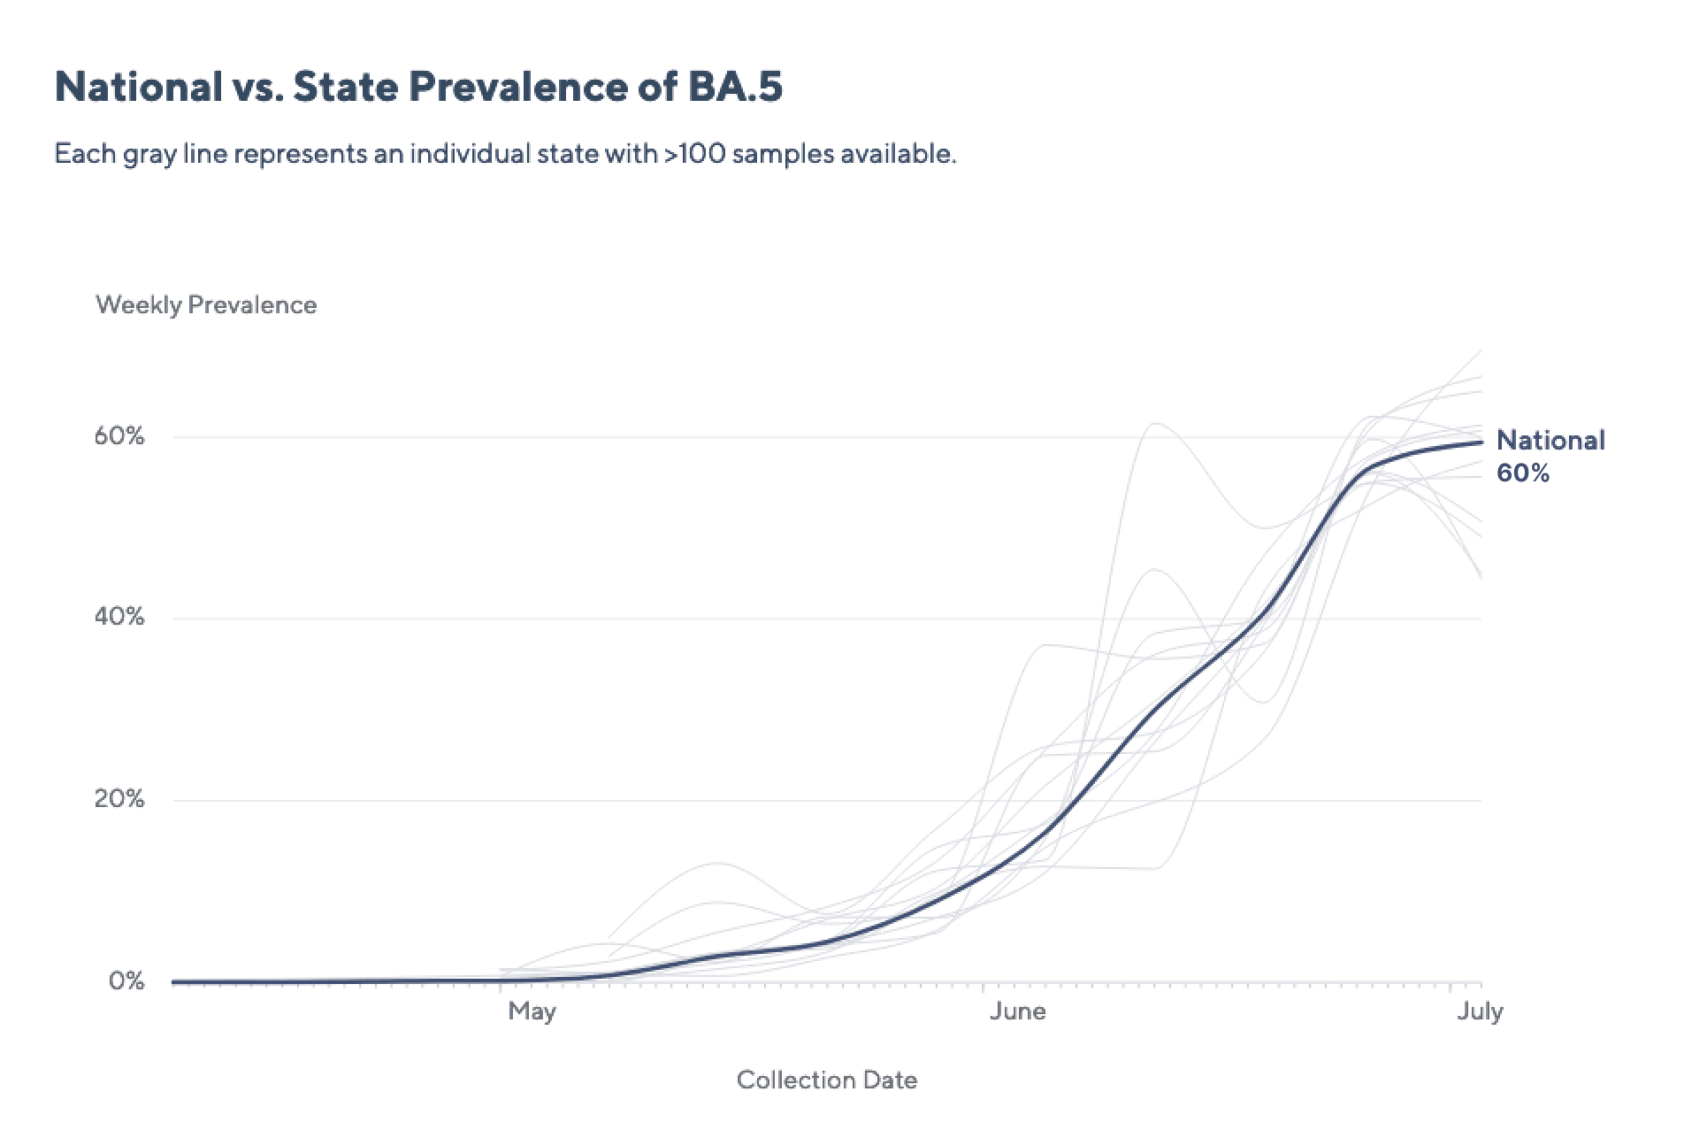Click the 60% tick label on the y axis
(119, 436)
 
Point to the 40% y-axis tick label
(119, 617)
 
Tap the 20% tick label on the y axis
(119, 799)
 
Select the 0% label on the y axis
(126, 981)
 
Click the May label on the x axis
(532, 1011)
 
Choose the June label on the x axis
(1017, 1011)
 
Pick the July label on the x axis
(1480, 1011)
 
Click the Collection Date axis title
(827, 1080)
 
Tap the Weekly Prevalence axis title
(206, 305)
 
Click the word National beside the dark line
(1550, 441)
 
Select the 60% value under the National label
(1523, 473)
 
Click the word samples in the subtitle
(783, 154)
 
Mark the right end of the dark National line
(1481, 442)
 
